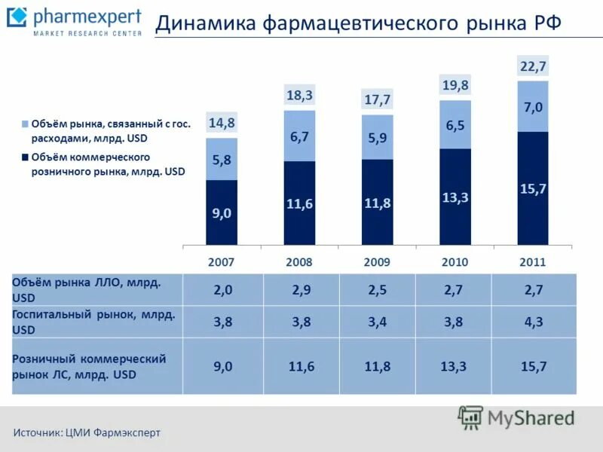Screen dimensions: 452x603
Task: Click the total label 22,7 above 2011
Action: coord(533,67)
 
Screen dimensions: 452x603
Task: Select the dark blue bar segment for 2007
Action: coord(222,212)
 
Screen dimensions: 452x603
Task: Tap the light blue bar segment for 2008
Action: coord(299,136)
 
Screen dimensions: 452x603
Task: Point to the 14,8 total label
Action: coord(222,123)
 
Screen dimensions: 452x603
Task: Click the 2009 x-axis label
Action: coord(377,262)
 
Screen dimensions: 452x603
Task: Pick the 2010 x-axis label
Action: coord(455,262)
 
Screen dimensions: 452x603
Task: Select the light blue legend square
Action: coord(25,124)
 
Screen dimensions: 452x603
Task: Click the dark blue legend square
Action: coord(25,157)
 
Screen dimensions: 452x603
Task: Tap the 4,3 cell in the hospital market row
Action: coord(533,322)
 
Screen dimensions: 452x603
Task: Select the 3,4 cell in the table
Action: coord(378,322)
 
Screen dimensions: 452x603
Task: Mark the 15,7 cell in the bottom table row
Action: coord(533,366)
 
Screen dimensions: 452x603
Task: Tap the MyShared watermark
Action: coord(517,417)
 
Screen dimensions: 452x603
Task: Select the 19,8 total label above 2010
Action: coord(455,85)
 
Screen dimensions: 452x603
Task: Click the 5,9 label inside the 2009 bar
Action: coord(377,138)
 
